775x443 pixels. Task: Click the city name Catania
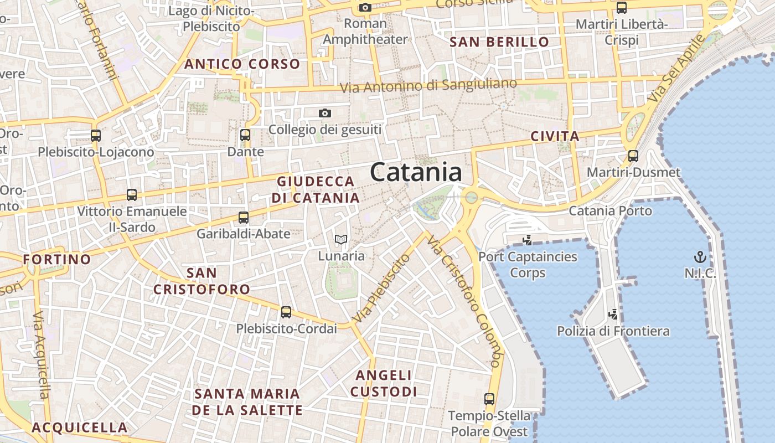tap(416, 172)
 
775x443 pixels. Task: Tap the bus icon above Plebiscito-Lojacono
tap(96, 136)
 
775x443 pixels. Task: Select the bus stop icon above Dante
tap(245, 135)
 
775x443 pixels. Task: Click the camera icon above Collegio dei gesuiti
tap(325, 114)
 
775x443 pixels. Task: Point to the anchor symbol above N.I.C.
tap(700, 257)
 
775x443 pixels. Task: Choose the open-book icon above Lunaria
tap(341, 240)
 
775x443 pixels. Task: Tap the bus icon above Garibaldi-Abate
tap(244, 218)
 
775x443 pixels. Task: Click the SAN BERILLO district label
tap(499, 42)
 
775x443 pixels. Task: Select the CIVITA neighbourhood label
tap(555, 136)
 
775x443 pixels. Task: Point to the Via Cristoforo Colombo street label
tap(464, 302)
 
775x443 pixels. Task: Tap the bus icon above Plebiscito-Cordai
tap(286, 312)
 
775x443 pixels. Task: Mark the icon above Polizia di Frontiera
tap(613, 315)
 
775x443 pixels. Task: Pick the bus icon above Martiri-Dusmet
tap(633, 156)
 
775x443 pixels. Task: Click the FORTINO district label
tap(57, 259)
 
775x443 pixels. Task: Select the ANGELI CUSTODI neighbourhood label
tap(384, 383)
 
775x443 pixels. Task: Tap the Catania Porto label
tap(611, 211)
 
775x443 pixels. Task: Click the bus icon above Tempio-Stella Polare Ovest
tap(489, 399)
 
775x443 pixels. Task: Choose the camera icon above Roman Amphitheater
tap(365, 7)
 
